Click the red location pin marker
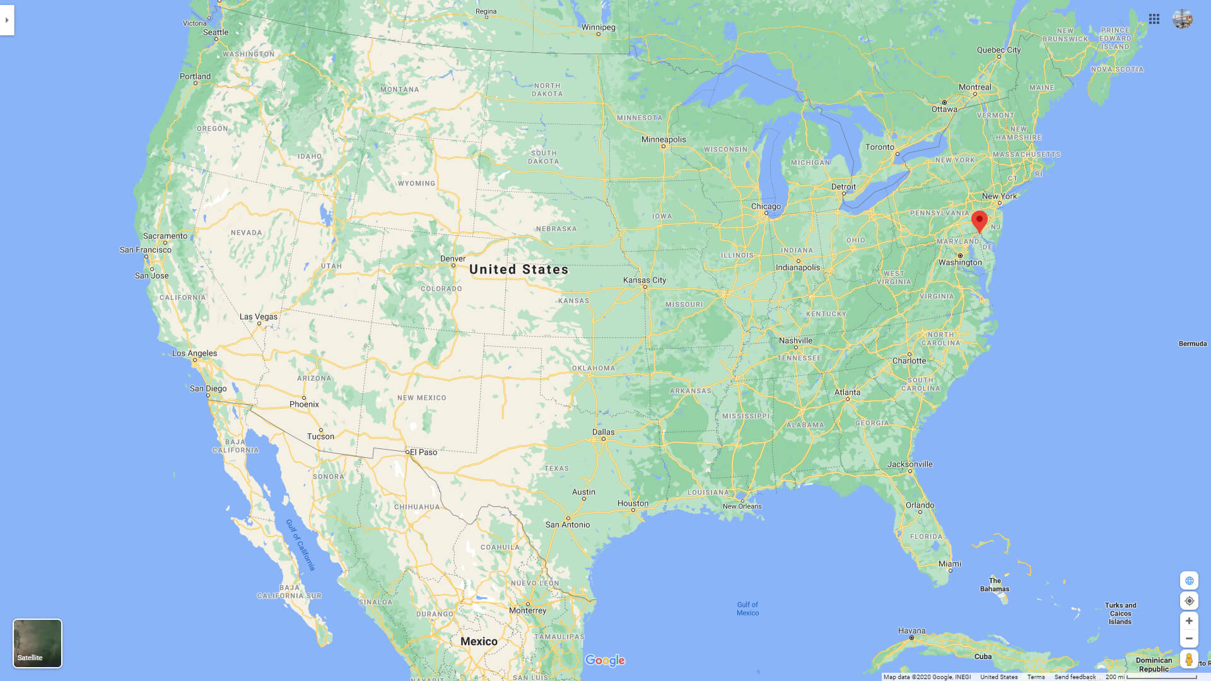(979, 221)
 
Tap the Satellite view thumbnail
(37, 643)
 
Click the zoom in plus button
(1189, 621)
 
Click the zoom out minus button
(1189, 639)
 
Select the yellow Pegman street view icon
(1189, 660)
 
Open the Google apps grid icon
(1154, 19)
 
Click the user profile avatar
(1183, 19)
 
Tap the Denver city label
(453, 259)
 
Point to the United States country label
(518, 269)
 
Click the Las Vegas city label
(258, 317)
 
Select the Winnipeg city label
(598, 27)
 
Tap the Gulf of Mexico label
(747, 608)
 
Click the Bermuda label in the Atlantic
(1192, 344)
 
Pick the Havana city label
(911, 631)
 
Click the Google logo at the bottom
(605, 660)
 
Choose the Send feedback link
(1075, 677)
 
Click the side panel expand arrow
(7, 20)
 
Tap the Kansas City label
(644, 280)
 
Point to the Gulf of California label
(300, 545)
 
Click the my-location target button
(1189, 601)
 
